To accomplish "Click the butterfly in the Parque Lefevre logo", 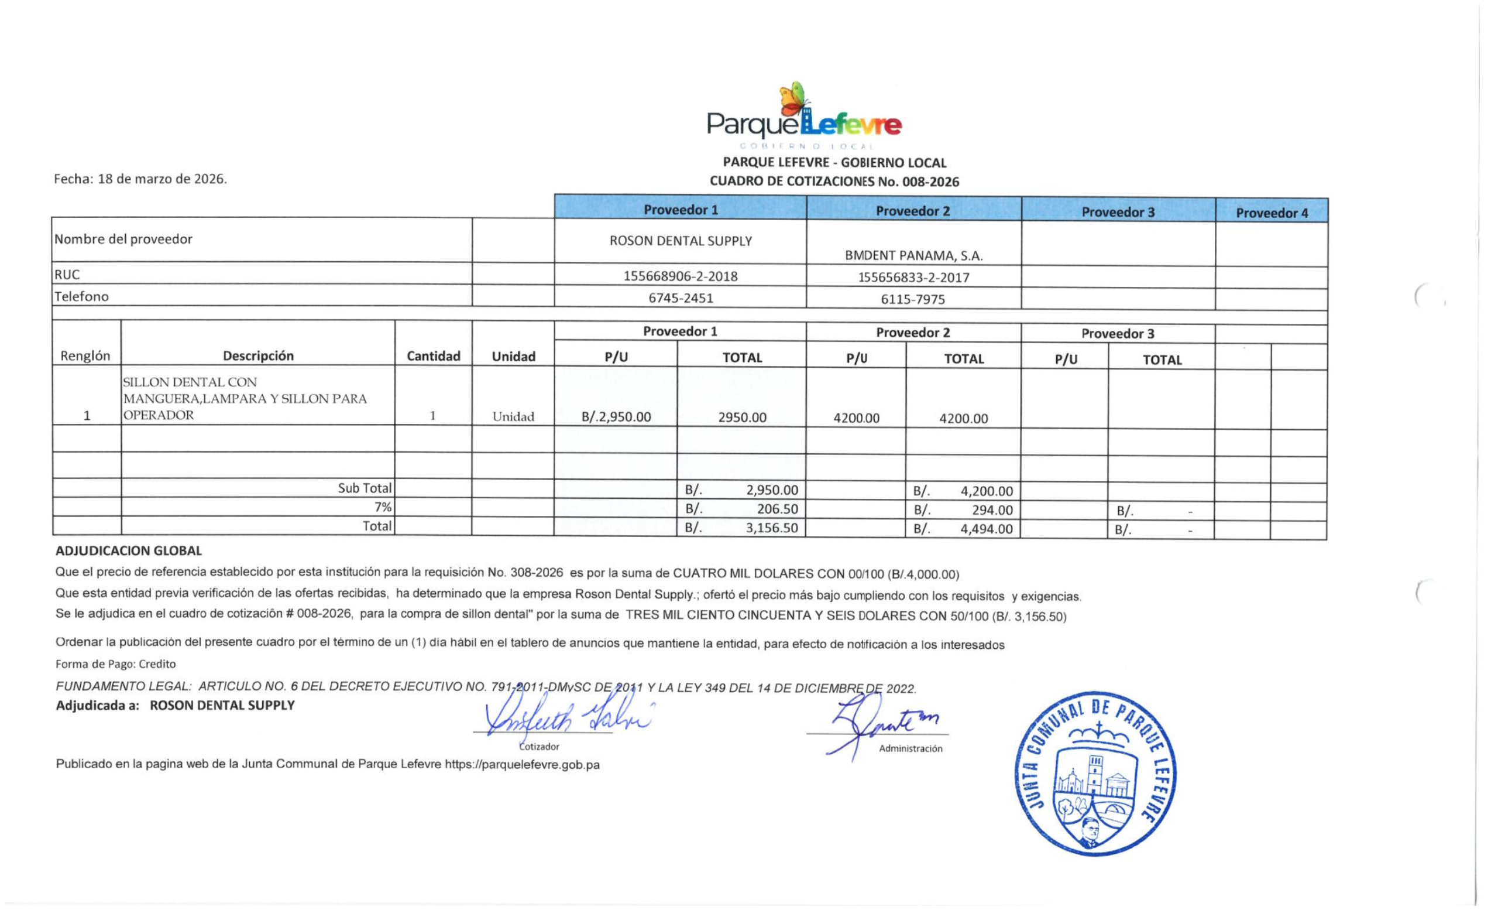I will point(793,99).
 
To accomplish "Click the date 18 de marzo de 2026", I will point(162,179).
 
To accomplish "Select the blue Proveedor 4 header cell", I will point(1271,213).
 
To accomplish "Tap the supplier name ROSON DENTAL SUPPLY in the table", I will point(681,241).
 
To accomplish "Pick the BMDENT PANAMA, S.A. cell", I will point(913,255).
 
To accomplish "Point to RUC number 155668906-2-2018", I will point(681,276).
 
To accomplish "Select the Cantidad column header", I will point(433,356).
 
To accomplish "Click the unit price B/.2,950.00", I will point(616,418).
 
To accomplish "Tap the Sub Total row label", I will point(365,488).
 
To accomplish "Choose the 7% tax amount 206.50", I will point(777,509).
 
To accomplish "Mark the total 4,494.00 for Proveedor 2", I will point(986,529).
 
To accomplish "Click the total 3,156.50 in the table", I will point(771,528).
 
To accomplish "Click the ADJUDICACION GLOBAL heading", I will point(128,551).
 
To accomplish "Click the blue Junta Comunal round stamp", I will point(1095,773).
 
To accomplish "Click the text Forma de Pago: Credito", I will point(115,663).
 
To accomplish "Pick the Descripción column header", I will point(258,356).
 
